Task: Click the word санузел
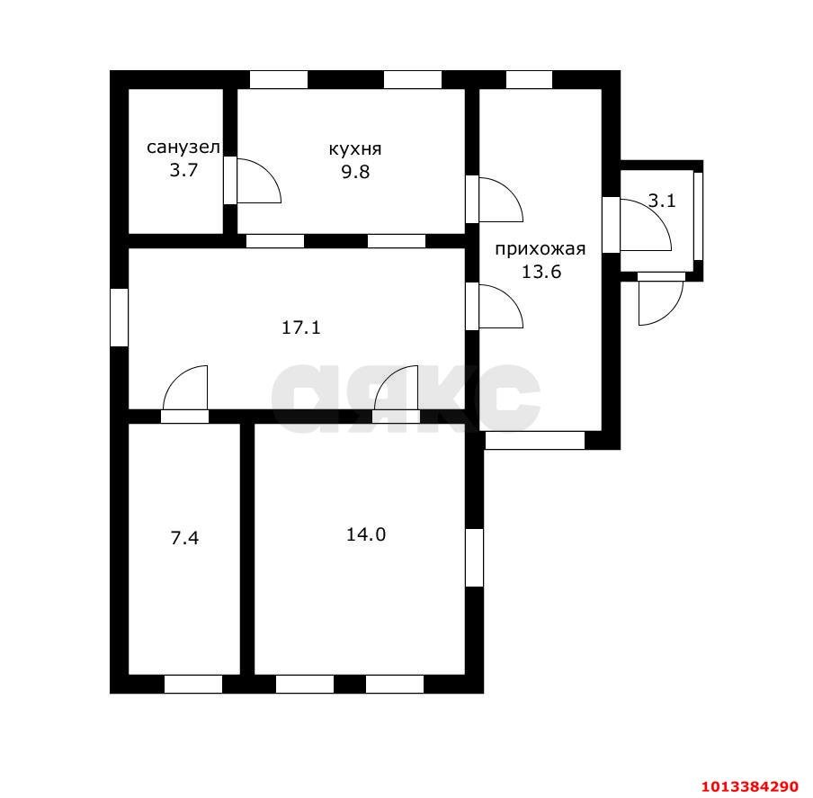pos(183,148)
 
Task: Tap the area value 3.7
pos(184,170)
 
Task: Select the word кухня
pos(355,149)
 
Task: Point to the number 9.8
pos(355,172)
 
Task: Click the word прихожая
pos(541,249)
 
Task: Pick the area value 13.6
pos(541,272)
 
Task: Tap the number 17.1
pos(301,327)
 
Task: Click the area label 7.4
pos(184,538)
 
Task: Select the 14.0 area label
pos(366,534)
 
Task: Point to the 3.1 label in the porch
pos(662,201)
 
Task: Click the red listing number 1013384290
pos(749,786)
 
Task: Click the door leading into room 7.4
pos(184,394)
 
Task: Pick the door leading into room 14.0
pos(396,394)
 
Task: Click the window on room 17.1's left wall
pos(120,318)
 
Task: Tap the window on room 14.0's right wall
pos(475,558)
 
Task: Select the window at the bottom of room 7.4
pos(193,684)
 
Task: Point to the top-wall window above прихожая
pos(529,80)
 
